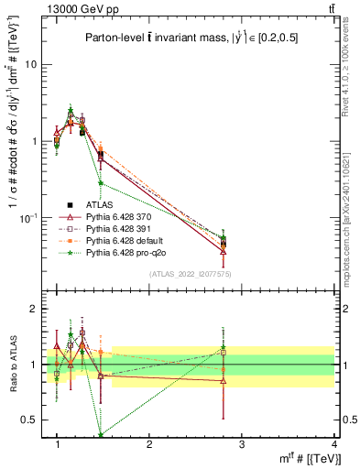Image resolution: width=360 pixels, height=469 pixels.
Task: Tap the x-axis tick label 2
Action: [x=149, y=444]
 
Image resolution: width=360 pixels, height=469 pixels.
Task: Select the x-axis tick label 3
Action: [x=242, y=444]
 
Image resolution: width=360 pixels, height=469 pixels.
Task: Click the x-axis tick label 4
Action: [x=333, y=444]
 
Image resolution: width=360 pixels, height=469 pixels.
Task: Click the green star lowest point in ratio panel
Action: [x=100, y=435]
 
